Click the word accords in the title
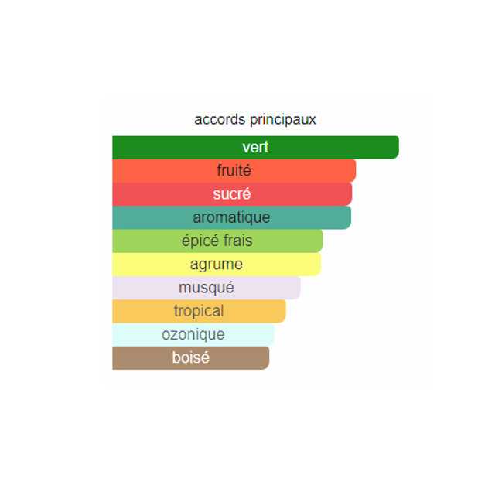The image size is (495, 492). (x=220, y=120)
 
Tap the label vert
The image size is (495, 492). (x=255, y=147)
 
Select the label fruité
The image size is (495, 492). (x=234, y=170)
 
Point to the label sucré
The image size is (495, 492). (x=232, y=193)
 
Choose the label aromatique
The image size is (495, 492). (x=231, y=217)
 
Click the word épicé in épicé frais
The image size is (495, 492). (x=200, y=241)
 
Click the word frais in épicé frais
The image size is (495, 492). (x=237, y=241)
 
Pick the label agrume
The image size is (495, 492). (x=217, y=265)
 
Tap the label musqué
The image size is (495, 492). (x=207, y=288)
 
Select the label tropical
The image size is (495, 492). (x=199, y=311)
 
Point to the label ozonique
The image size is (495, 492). (x=193, y=334)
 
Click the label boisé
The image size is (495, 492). (x=191, y=357)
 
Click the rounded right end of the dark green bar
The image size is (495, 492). (x=398, y=148)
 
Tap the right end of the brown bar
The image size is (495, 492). (x=268, y=358)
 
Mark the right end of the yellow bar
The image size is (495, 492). (x=320, y=265)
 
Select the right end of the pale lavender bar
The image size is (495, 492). (x=299, y=288)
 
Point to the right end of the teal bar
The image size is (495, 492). (x=350, y=217)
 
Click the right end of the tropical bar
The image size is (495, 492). (x=285, y=311)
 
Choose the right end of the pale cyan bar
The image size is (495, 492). (x=273, y=334)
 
